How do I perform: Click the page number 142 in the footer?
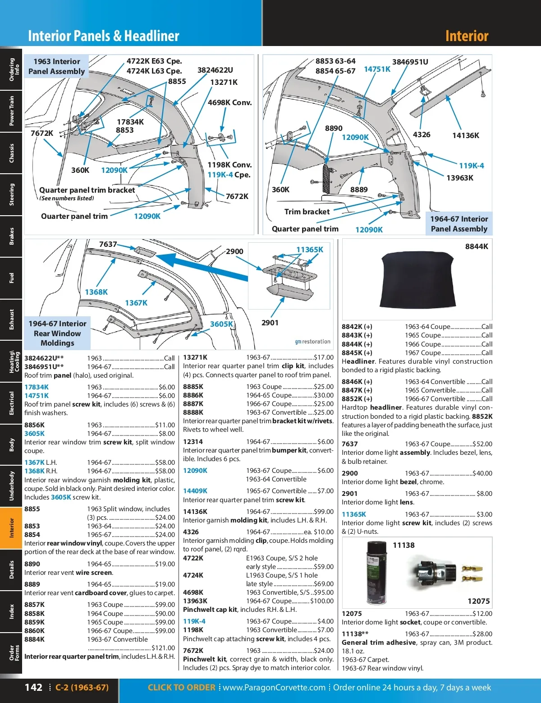click(33, 687)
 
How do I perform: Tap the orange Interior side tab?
click(11, 527)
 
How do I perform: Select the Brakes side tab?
click(11, 236)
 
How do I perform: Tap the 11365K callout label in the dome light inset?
click(310, 250)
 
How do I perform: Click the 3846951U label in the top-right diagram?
click(410, 62)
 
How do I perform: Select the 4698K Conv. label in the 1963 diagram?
click(229, 102)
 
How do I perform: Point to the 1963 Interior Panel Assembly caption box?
click(56, 66)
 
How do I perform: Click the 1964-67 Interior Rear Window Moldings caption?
click(57, 333)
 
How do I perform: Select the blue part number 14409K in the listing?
click(195, 491)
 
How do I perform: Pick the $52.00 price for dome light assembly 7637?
click(482, 444)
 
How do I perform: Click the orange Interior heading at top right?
click(467, 36)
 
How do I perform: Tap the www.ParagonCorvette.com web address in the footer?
click(274, 688)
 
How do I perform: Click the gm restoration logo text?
click(312, 342)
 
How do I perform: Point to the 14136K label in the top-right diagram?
click(465, 135)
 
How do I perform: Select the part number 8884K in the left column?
click(35, 639)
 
